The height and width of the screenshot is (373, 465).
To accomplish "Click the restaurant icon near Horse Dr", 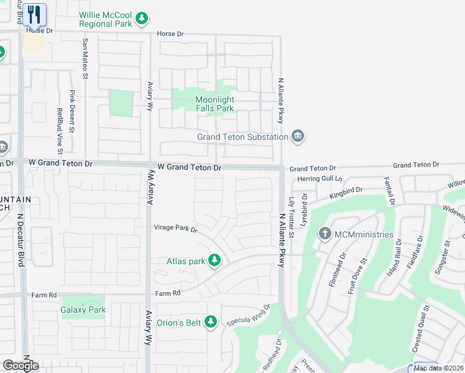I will click(35, 14).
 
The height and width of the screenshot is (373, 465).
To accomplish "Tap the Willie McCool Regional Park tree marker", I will click(142, 19).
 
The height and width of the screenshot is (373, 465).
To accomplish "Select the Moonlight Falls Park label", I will click(214, 104).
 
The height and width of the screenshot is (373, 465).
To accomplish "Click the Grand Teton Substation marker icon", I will click(298, 136).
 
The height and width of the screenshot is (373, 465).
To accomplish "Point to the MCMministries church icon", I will click(325, 234).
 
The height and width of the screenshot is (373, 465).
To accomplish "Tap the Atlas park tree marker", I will click(214, 260).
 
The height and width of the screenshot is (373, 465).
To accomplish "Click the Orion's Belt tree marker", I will click(211, 321).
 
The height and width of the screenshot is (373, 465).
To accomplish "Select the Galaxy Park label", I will click(83, 309).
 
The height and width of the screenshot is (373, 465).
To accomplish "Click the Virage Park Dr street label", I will click(175, 229).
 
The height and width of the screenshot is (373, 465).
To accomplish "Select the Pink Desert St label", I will click(72, 112).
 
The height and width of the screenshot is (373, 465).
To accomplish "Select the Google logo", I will click(21, 366).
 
